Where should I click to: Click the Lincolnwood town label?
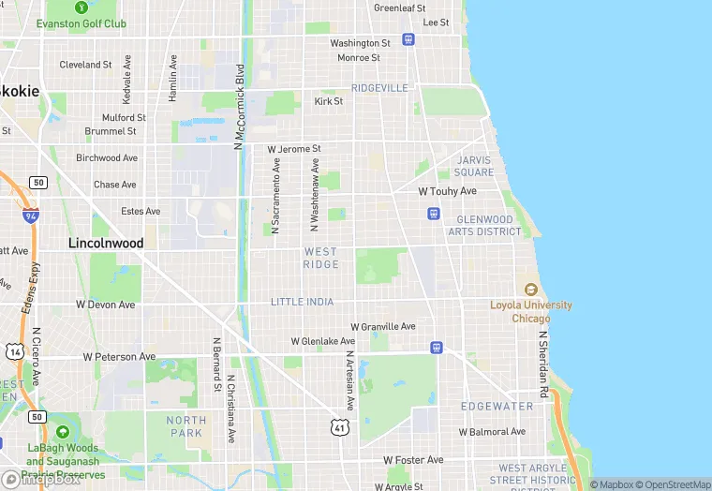(106, 243)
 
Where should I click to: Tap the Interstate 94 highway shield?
(31, 215)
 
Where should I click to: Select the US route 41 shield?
(339, 426)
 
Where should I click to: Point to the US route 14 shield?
(13, 352)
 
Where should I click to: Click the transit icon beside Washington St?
(408, 39)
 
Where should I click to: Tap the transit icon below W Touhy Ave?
(433, 214)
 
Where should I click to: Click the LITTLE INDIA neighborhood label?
(302, 302)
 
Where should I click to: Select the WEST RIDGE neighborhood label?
(320, 258)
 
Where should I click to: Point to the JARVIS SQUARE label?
(474, 166)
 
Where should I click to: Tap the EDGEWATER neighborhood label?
(497, 407)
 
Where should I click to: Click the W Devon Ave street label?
(106, 305)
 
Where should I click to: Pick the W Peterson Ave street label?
(119, 357)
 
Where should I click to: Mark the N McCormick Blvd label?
(240, 108)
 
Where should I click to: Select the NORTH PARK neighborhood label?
(186, 426)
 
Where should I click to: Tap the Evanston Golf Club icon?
(26, 24)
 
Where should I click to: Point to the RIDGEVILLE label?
(380, 87)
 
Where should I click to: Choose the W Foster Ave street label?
(413, 460)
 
